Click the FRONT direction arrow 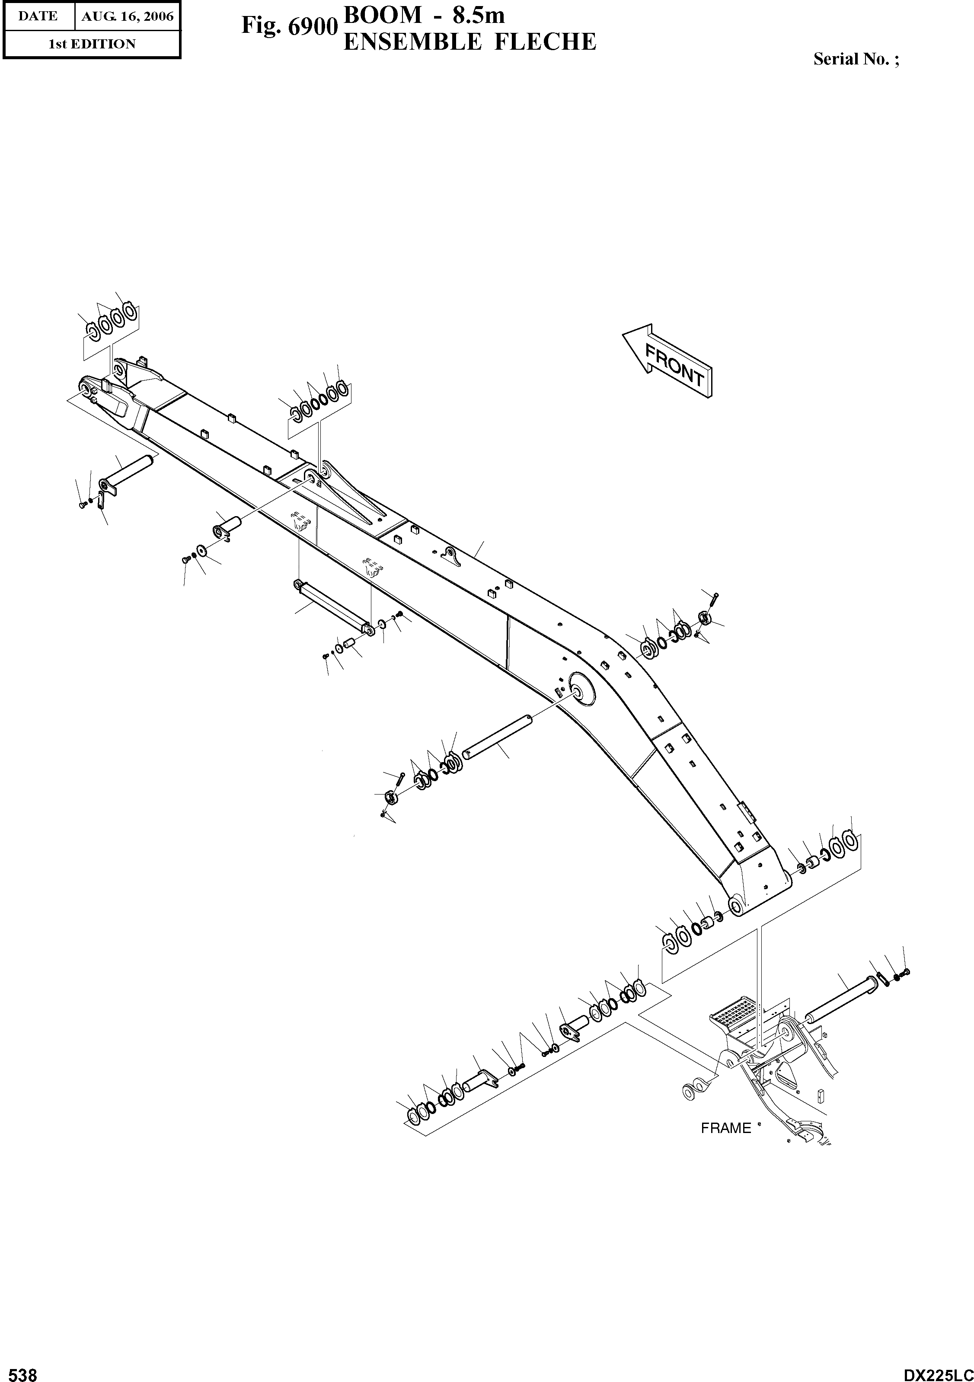[668, 362]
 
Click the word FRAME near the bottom [726, 1128]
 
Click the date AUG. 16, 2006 [127, 16]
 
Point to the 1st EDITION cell [92, 44]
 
